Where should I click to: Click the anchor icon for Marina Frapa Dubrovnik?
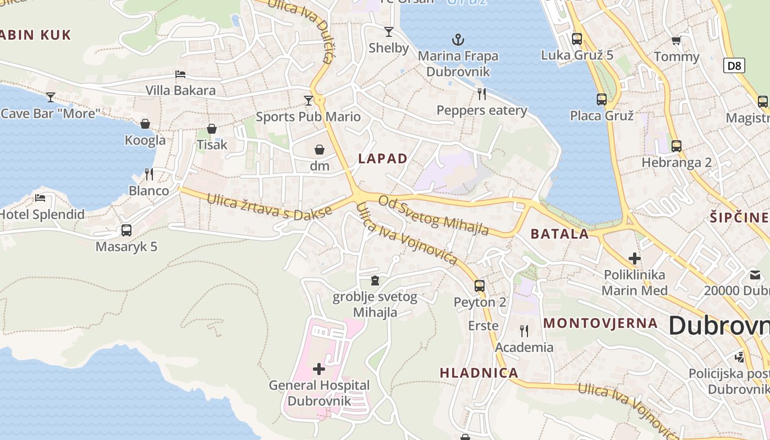point(458,40)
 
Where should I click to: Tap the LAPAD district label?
point(383,159)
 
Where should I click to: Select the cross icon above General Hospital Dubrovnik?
point(319,369)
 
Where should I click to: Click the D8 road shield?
point(734,66)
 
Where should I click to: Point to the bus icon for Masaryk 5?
point(127,230)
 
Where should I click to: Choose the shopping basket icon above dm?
point(320,150)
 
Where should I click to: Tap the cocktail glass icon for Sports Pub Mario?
point(309,101)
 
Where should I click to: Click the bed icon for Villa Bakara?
point(180,74)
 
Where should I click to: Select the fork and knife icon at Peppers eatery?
point(482,94)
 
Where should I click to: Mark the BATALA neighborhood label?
point(559,234)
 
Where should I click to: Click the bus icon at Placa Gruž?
point(602,100)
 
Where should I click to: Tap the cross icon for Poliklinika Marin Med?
point(635,258)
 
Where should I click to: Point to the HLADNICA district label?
point(479,373)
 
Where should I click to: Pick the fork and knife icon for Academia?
point(524,331)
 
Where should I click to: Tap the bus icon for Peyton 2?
point(480,286)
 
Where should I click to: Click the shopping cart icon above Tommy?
point(676,41)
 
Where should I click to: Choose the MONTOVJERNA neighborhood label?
point(601,323)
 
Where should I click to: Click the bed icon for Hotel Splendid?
point(40,198)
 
